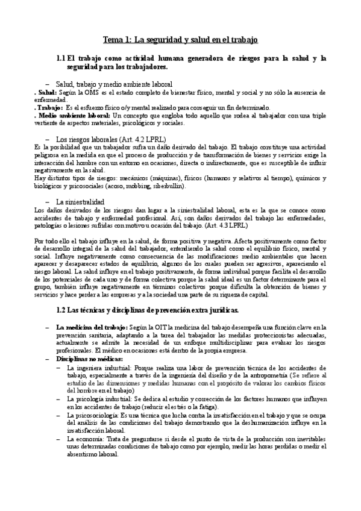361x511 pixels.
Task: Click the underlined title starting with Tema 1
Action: (x=181, y=40)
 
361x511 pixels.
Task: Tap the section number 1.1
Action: (x=60, y=58)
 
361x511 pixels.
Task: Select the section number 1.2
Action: (x=60, y=311)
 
